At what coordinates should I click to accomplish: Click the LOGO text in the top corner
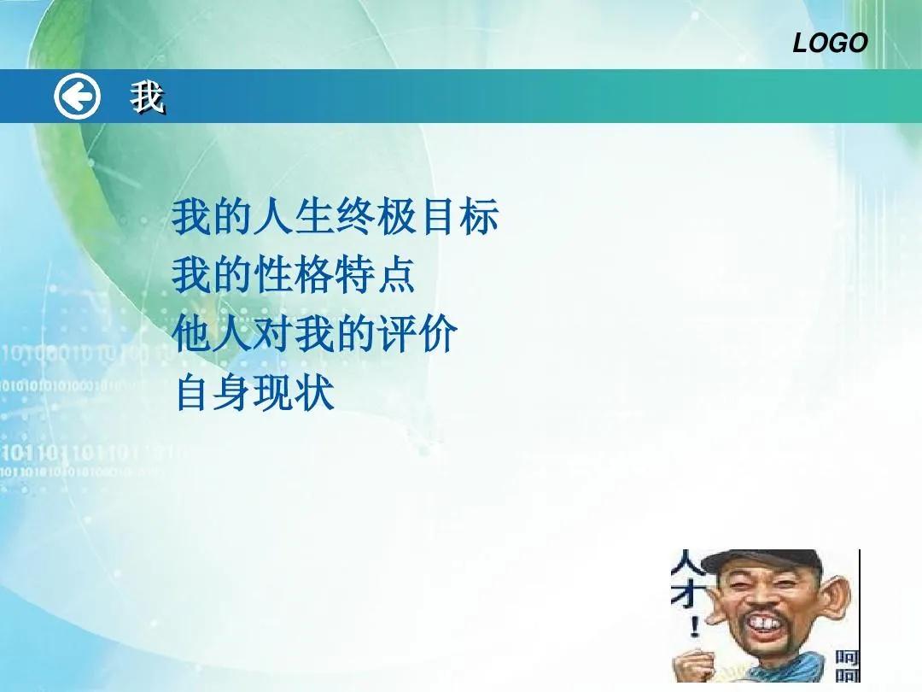point(830,43)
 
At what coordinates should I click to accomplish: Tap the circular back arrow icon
point(77,97)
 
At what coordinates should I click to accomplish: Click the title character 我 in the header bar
point(148,99)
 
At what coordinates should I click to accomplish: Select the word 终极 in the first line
point(376,218)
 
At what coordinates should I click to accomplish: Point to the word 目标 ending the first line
point(459,218)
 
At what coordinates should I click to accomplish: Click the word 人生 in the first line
point(295,218)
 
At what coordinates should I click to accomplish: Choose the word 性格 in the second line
point(295,276)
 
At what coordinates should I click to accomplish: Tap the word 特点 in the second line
point(376,276)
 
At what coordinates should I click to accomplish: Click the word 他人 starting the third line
point(213,335)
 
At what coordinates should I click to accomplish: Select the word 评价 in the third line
point(418,335)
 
